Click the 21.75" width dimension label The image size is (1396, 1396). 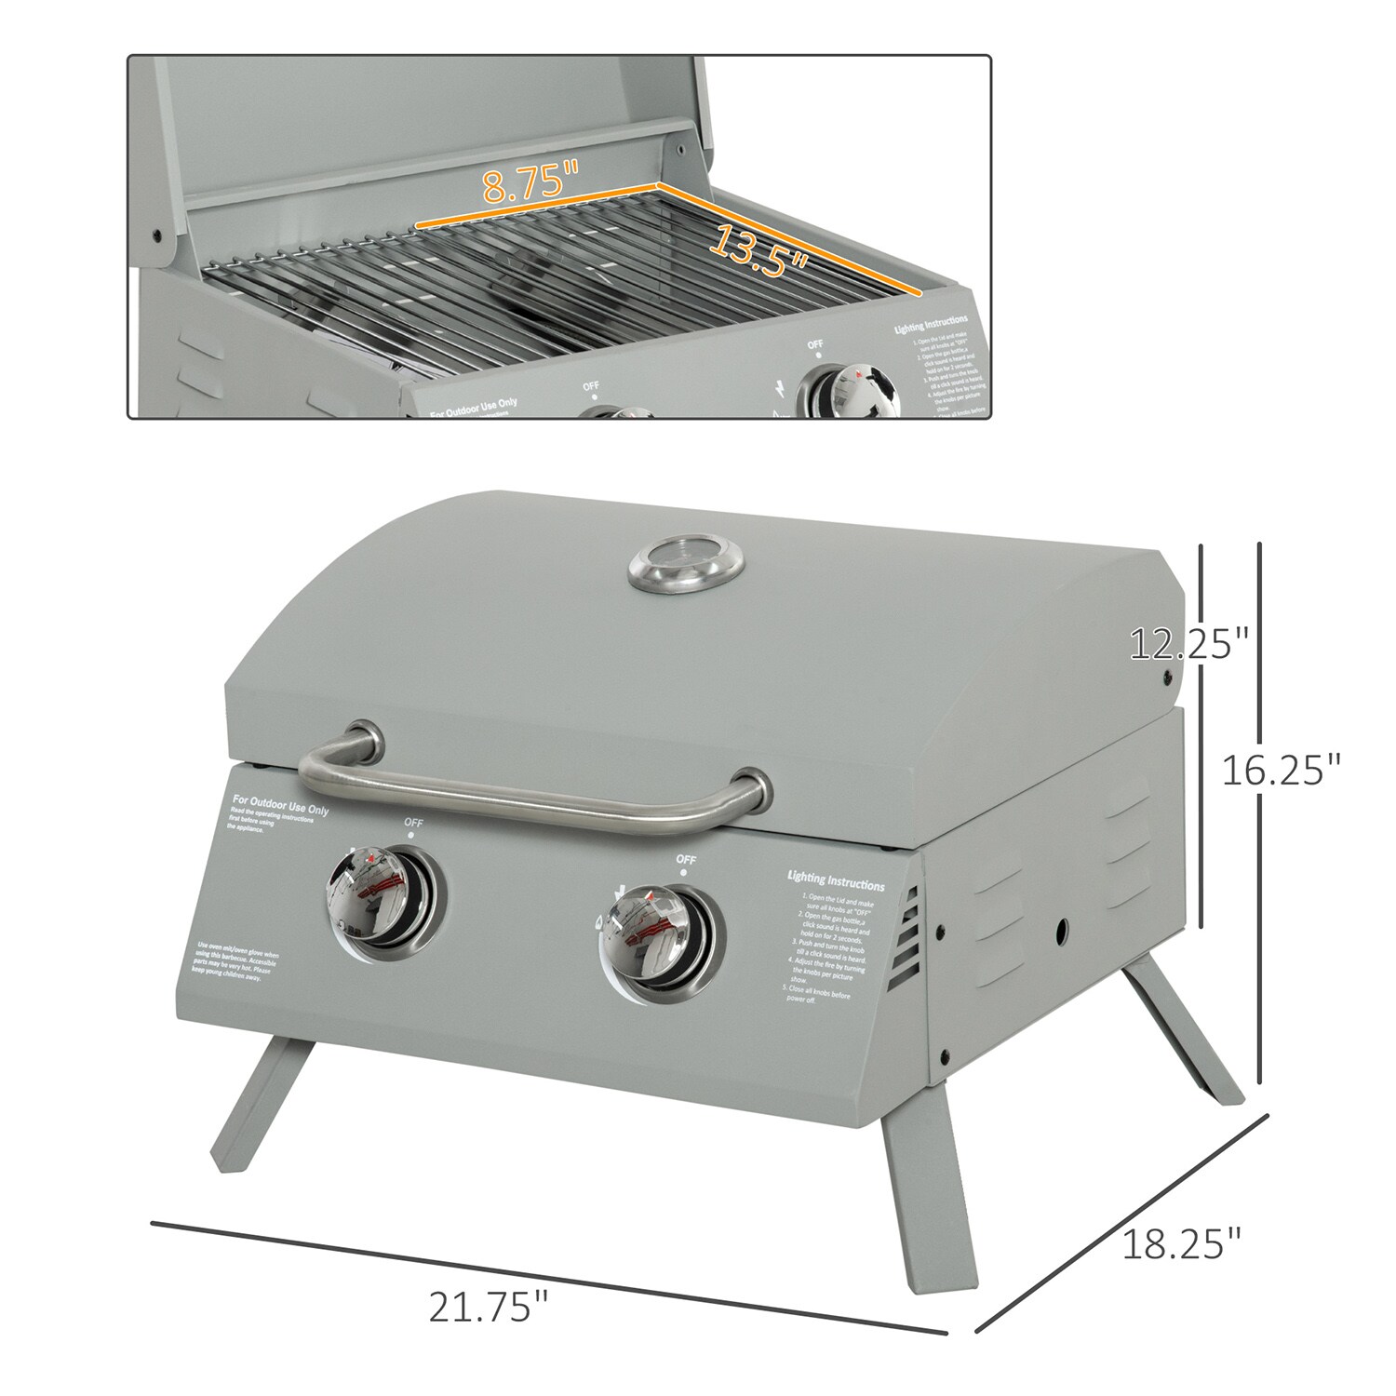487,1307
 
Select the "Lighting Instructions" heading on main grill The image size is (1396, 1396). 835,879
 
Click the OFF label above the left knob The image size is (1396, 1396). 412,823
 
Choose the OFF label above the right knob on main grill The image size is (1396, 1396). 686,859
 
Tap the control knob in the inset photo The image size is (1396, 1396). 849,394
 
